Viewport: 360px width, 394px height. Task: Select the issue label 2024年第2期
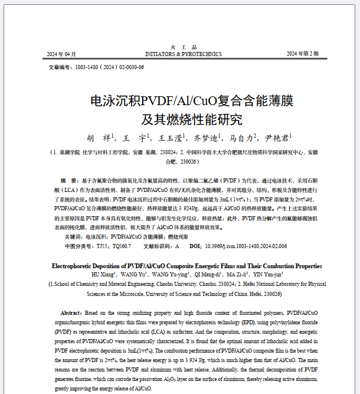[x=302, y=54]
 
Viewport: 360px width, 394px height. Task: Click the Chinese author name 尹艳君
[x=277, y=138]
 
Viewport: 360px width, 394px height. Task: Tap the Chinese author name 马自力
[x=242, y=138]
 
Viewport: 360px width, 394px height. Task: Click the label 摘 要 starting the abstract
[x=70, y=180]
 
